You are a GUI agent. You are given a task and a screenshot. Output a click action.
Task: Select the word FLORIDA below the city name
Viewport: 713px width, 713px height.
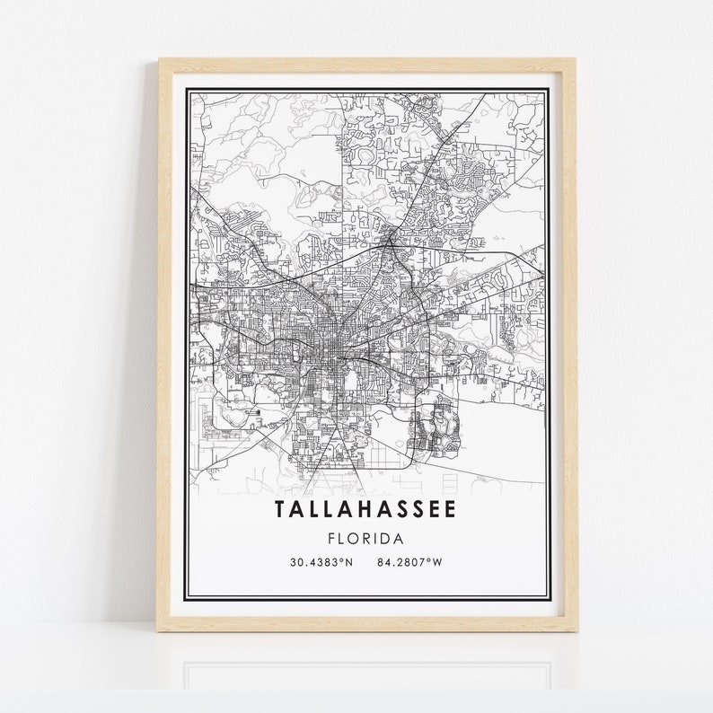coord(365,540)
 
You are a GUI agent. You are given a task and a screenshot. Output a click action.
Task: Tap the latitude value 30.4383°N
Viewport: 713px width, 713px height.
coord(321,563)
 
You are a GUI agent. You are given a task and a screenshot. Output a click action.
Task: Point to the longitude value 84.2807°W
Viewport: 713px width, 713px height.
coord(410,563)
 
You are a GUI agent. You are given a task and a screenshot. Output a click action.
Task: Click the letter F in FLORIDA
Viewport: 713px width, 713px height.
coord(333,540)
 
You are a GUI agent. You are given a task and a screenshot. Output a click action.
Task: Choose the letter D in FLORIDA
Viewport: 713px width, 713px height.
coord(383,540)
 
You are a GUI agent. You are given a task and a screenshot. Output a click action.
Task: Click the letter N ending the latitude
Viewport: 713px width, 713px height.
coord(349,563)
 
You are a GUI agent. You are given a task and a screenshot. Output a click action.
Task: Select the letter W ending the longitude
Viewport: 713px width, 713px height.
coord(439,563)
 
